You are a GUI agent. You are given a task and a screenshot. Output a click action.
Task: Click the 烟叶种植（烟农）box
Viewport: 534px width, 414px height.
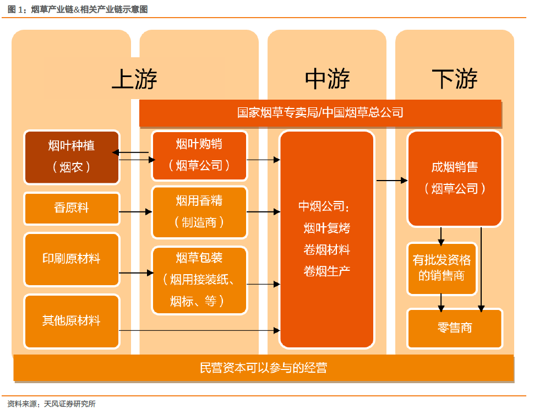[x=72, y=157]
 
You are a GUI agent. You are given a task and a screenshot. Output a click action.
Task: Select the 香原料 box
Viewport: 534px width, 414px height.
[x=72, y=208]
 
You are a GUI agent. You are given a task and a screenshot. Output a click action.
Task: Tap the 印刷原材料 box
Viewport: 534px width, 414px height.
[x=72, y=259]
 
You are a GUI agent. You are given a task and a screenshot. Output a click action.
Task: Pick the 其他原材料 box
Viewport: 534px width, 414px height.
[x=72, y=322]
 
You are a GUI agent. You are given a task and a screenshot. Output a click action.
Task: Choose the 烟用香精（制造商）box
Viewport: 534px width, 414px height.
[x=199, y=212]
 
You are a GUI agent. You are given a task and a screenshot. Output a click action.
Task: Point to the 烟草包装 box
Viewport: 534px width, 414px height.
[x=199, y=280]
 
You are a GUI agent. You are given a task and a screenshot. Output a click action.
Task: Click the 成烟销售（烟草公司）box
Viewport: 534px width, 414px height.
[x=455, y=179]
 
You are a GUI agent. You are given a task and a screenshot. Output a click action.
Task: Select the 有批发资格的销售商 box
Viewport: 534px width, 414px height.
[x=442, y=269]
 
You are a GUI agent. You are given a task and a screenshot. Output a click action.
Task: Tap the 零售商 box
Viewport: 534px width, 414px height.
[x=455, y=329]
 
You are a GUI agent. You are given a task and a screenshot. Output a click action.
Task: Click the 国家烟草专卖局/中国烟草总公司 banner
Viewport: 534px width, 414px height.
[x=320, y=113]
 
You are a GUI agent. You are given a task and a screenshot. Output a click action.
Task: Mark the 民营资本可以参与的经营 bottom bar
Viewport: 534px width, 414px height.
[x=263, y=368]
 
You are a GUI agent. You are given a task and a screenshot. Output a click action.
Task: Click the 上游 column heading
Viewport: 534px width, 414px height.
[x=134, y=79]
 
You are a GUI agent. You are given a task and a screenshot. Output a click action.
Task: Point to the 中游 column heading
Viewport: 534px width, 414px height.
[x=327, y=79]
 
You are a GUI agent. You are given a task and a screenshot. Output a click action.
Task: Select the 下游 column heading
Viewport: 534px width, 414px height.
[x=455, y=79]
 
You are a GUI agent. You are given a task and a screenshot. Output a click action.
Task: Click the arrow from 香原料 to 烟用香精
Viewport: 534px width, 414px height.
[x=135, y=212]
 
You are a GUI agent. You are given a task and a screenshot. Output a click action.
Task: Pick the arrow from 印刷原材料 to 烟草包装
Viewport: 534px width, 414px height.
[x=136, y=273]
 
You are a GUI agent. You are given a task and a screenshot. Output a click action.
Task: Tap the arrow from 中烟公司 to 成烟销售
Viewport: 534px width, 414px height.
[x=392, y=181]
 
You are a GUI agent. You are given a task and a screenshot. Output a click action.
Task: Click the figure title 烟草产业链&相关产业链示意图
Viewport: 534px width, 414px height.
[x=90, y=9]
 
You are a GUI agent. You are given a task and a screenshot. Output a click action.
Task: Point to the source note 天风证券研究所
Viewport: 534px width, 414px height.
[x=70, y=404]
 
